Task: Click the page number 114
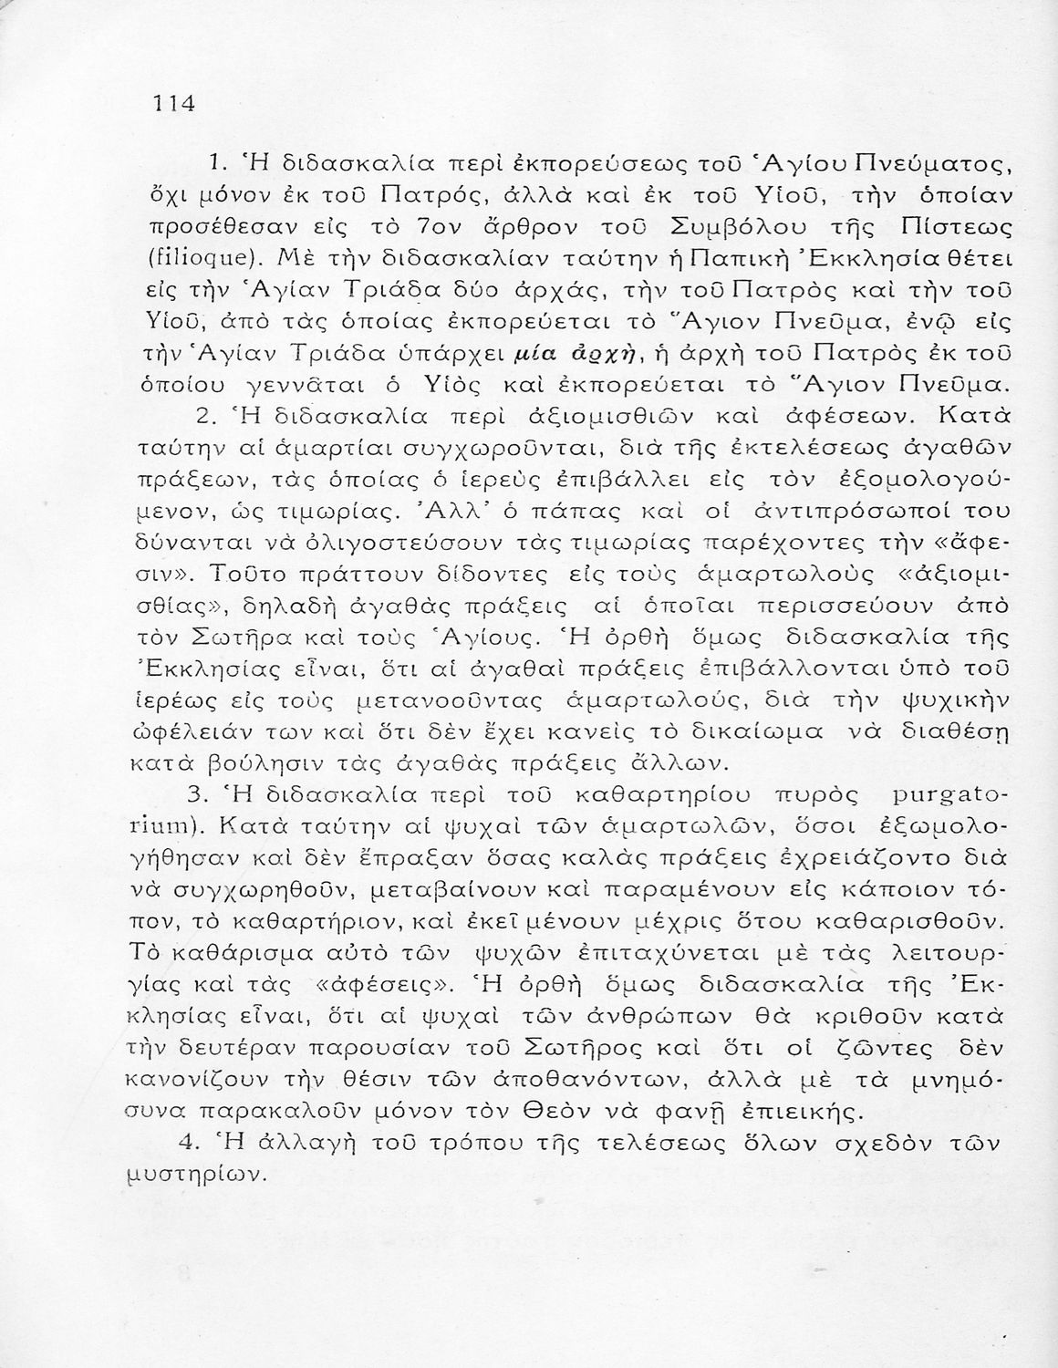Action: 173,102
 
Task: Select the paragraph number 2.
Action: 205,416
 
